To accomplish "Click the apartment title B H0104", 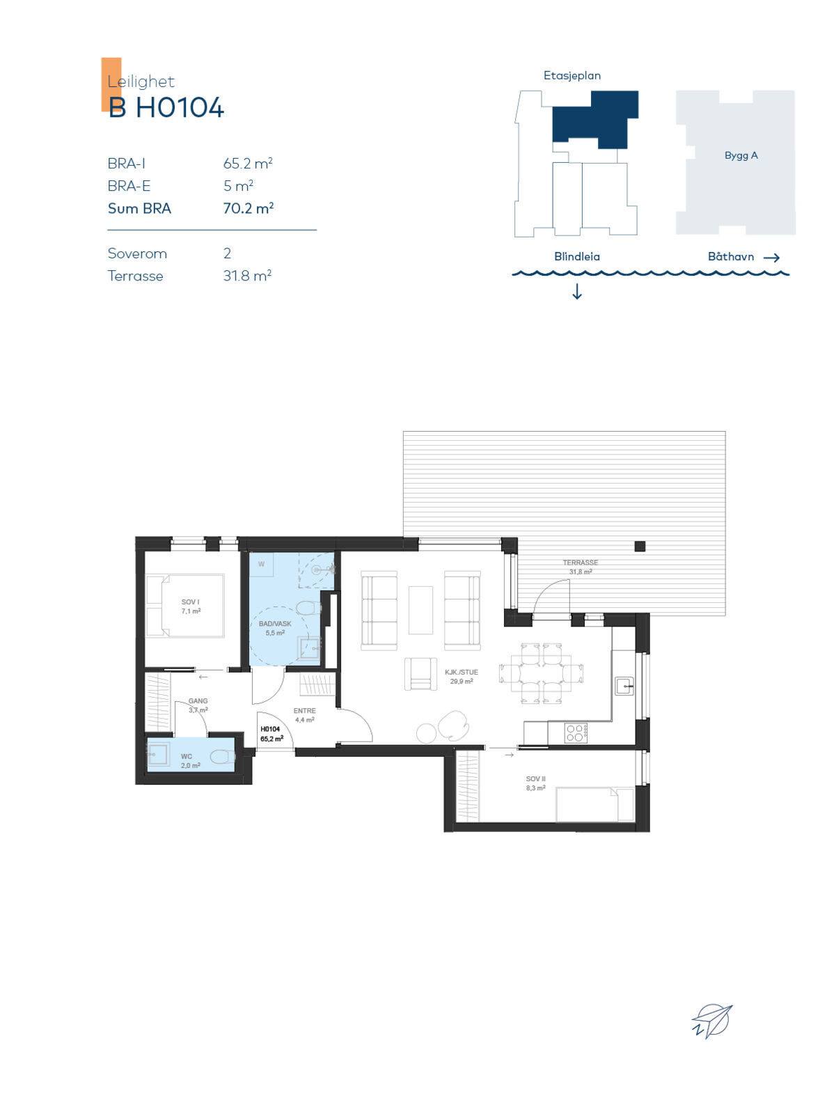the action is click(x=166, y=107).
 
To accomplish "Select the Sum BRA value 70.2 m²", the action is click(x=249, y=208).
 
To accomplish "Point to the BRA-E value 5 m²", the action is click(x=239, y=186).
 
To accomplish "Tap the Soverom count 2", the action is click(x=227, y=253).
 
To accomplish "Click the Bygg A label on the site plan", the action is click(x=741, y=156).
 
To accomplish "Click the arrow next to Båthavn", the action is click(x=771, y=258).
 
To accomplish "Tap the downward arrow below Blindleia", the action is click(x=577, y=291).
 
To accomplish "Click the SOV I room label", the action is click(x=191, y=606).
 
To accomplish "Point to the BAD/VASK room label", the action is click(x=275, y=628).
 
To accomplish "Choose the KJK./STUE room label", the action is click(x=461, y=677).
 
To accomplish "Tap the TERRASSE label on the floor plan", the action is click(x=581, y=567).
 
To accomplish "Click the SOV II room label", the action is click(x=536, y=783).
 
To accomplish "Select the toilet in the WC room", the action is click(x=223, y=758).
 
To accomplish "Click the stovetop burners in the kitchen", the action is click(x=576, y=733).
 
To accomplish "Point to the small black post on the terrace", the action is click(x=640, y=546).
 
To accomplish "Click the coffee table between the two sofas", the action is click(x=420, y=610).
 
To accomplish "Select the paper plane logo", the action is click(x=711, y=1021).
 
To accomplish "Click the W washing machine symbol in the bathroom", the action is click(x=261, y=565).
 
